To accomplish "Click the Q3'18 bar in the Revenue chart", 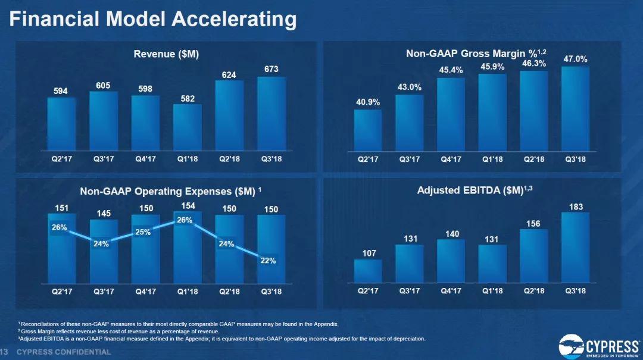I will [x=271, y=114].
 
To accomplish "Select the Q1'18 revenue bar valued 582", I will [x=188, y=127].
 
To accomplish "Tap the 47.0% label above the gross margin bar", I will [x=575, y=59].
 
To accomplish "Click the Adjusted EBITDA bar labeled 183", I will [x=575, y=247].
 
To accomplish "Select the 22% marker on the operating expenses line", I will [x=268, y=261].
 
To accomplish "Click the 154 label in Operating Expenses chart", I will [x=188, y=205].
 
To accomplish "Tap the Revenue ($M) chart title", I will [x=166, y=54].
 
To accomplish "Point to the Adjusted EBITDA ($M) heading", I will [x=471, y=191].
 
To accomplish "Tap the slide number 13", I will [x=4, y=352].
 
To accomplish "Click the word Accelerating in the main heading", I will [x=234, y=19].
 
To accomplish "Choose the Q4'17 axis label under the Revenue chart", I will [x=146, y=159].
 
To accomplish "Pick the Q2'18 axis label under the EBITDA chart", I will [x=534, y=291].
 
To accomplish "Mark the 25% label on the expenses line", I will [x=142, y=232].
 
